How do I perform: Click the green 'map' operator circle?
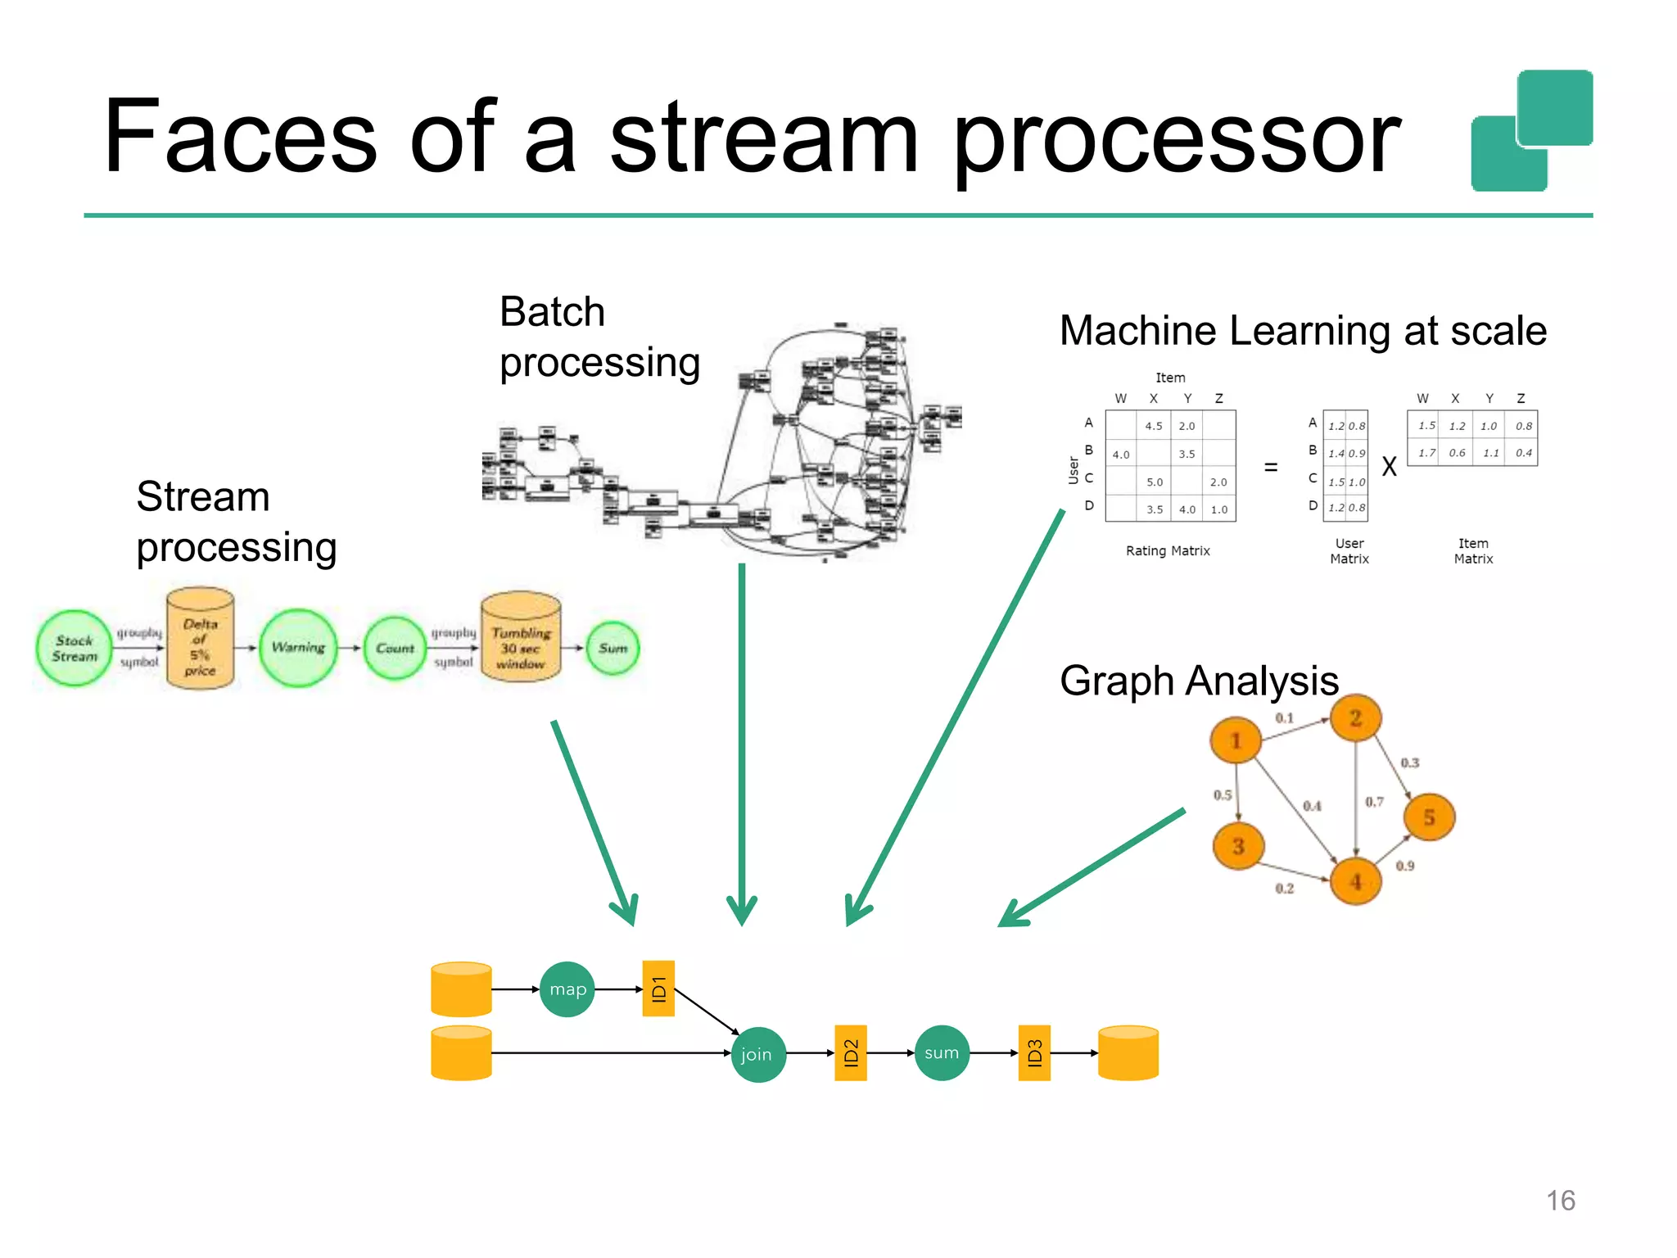point(567,989)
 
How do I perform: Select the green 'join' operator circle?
point(757,1054)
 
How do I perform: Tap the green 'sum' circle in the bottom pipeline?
point(942,1053)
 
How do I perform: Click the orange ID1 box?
point(658,989)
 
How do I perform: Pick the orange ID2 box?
point(850,1053)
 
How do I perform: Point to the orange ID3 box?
point(1034,1053)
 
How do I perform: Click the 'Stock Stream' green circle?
point(75,649)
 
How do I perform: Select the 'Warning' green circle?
point(298,648)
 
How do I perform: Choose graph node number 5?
point(1429,817)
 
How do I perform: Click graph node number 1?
point(1236,740)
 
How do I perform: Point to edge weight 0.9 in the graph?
point(1405,866)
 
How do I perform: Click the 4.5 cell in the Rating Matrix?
point(1153,426)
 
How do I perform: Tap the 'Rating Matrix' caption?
point(1168,551)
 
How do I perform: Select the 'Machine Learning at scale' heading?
point(1302,331)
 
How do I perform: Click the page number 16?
point(1560,1201)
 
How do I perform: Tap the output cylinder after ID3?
point(1128,1053)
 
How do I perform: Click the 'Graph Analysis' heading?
point(1198,681)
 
